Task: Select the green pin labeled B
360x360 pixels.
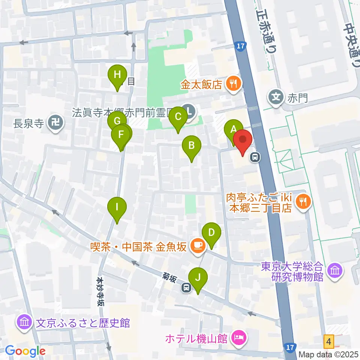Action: [x=191, y=145]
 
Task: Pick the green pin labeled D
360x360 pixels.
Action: [x=211, y=232]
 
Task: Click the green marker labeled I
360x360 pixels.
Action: [x=117, y=207]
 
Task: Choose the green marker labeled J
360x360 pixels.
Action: [x=199, y=278]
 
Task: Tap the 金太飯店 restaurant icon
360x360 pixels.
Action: [x=233, y=84]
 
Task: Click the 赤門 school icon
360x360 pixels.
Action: [x=276, y=98]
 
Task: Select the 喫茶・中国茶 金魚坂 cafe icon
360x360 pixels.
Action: [x=198, y=246]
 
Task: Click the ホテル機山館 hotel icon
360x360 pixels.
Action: [x=238, y=339]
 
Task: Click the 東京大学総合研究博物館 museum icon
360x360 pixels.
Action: [x=333, y=271]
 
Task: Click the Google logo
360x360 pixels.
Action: [x=25, y=351]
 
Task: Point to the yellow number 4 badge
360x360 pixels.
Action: [x=329, y=341]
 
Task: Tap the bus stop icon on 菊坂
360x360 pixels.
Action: [x=186, y=288]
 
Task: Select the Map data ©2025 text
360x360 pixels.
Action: [x=328, y=354]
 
